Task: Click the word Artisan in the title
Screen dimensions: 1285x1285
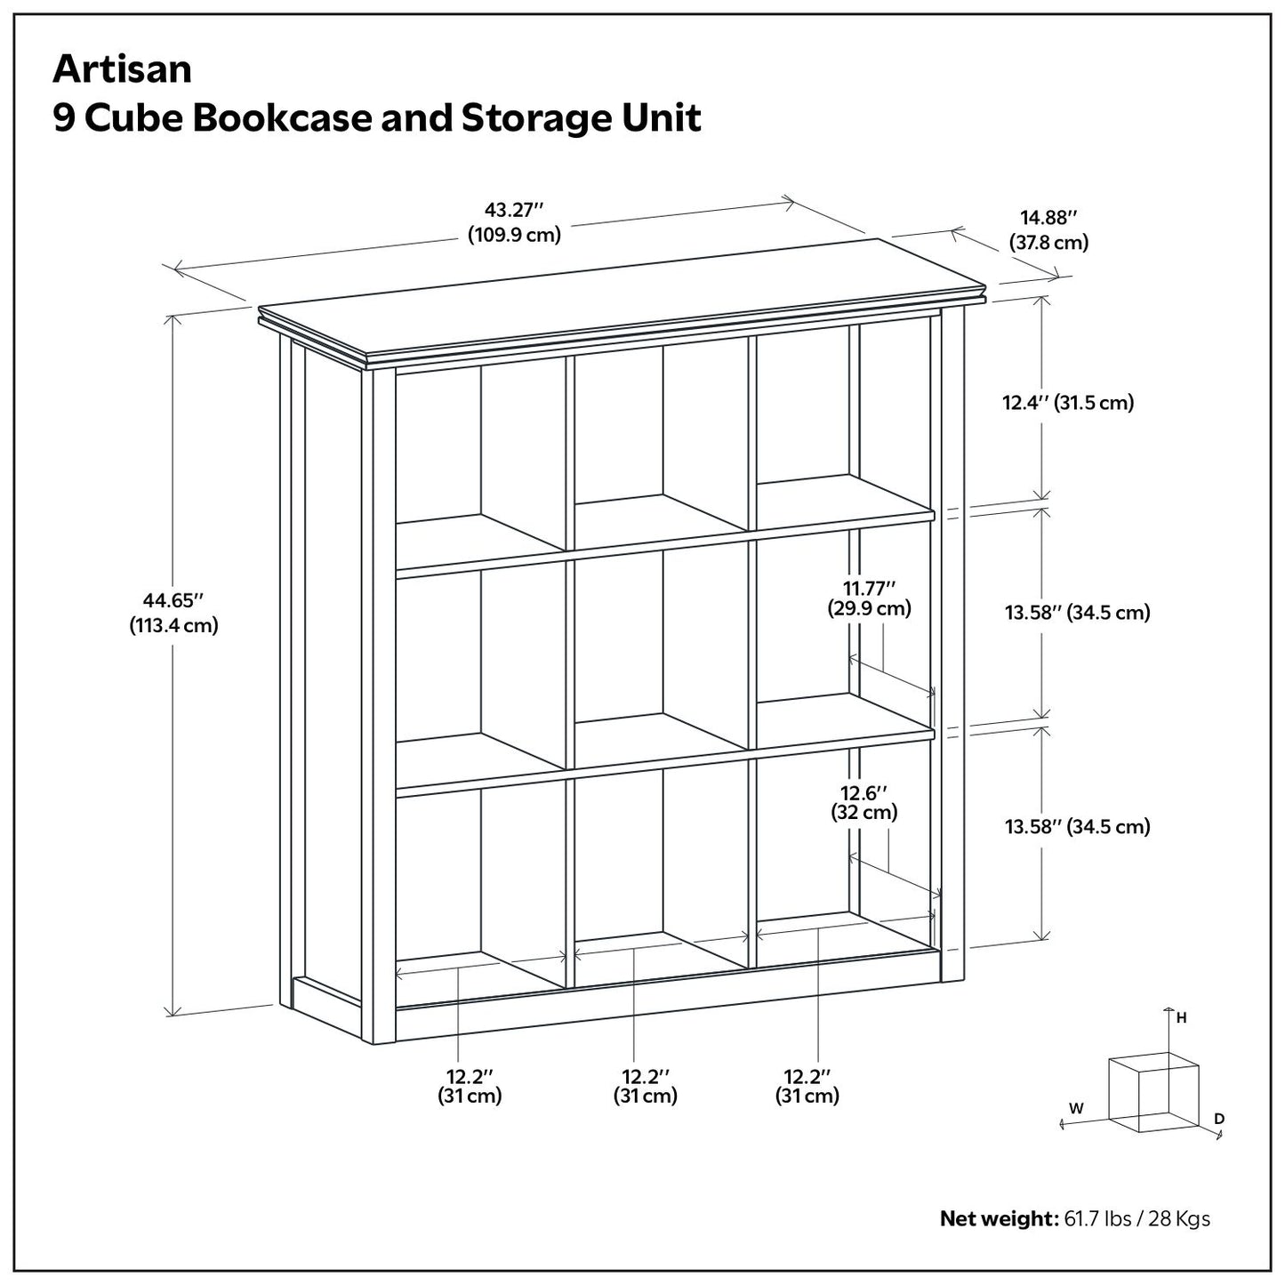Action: click(122, 69)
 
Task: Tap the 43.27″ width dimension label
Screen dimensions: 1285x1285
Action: click(514, 211)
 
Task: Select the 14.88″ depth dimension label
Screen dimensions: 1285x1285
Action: click(1048, 218)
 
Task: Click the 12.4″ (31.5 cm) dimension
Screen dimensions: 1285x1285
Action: click(1068, 403)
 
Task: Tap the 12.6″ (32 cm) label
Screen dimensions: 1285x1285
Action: click(863, 802)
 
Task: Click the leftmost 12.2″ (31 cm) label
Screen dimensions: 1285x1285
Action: click(470, 1085)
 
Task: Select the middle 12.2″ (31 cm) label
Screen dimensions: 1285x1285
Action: click(645, 1085)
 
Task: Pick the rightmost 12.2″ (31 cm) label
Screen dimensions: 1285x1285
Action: click(807, 1085)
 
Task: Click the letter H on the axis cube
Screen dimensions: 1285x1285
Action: click(1181, 1019)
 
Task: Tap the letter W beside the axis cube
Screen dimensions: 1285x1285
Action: click(1076, 1108)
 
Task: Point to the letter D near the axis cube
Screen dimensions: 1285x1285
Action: click(1219, 1118)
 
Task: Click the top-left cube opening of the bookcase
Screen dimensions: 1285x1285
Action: click(480, 454)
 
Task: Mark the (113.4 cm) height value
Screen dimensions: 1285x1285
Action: click(173, 625)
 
